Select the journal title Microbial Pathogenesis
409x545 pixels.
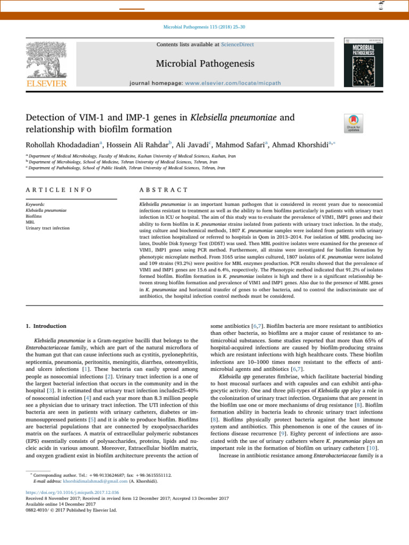(x=204, y=64)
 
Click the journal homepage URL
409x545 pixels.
(x=220, y=82)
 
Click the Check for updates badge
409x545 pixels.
(x=355, y=123)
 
